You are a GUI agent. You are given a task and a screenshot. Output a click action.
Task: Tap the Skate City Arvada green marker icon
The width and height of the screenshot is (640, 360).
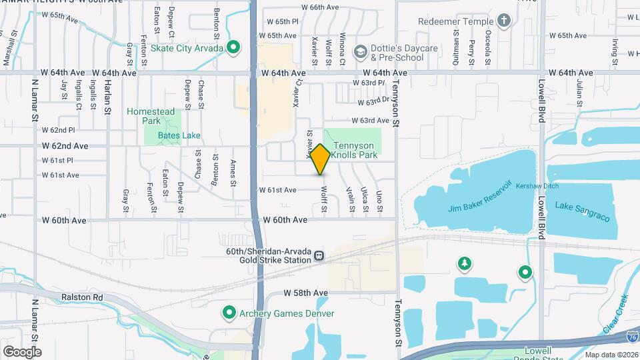point(233,47)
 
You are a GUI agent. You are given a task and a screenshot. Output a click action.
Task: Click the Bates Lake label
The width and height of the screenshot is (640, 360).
point(161,135)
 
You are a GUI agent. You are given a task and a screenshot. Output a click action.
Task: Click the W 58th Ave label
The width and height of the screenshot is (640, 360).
point(306,293)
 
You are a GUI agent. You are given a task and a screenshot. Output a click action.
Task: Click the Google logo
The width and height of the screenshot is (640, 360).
point(22,351)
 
